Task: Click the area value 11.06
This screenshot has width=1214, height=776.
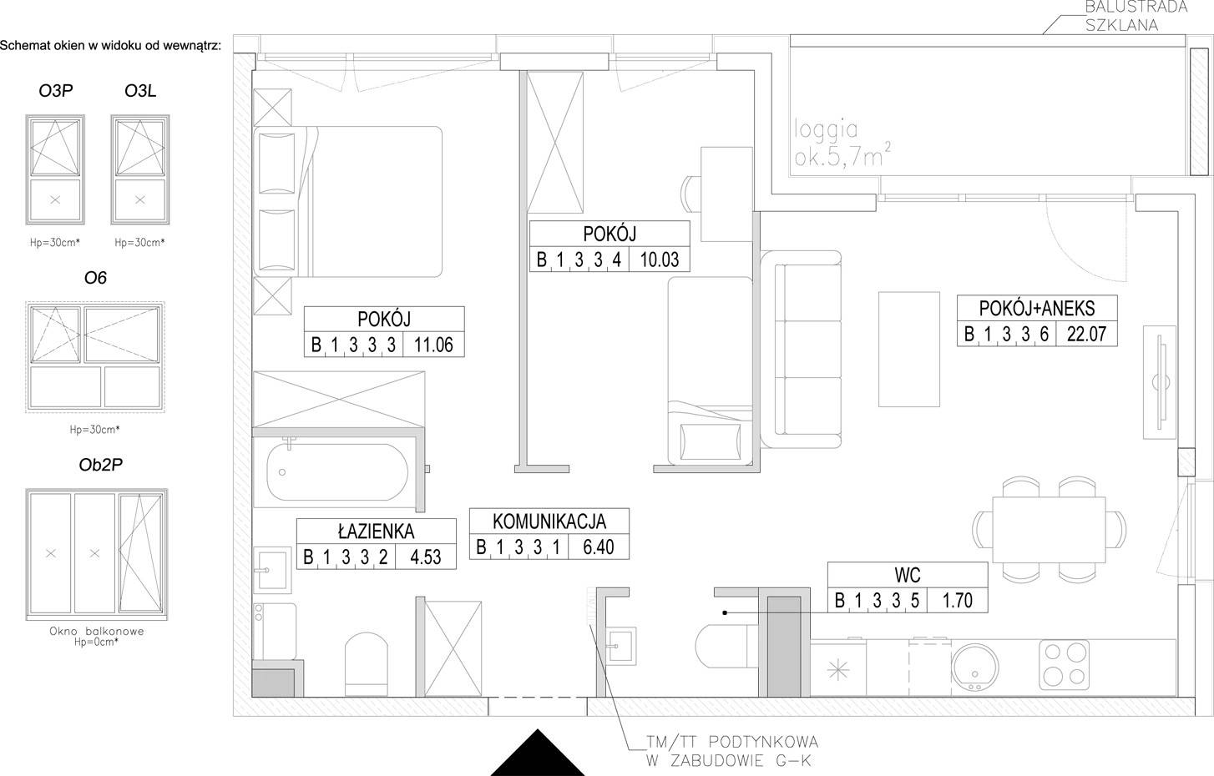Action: pos(433,345)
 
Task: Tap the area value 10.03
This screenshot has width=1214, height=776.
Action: pos(659,260)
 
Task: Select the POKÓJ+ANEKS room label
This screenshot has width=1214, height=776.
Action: pos(1037,308)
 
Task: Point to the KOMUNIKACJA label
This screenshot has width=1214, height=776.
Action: pos(549,521)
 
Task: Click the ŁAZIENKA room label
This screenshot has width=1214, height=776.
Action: pos(376,532)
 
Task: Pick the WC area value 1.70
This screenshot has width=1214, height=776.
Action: pos(957,600)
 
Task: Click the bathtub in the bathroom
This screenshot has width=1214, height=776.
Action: pos(337,472)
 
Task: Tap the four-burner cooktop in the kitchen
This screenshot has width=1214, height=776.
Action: pos(1064,665)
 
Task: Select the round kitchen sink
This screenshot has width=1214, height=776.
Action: pos(974,667)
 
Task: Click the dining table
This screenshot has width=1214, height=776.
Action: pos(1049,530)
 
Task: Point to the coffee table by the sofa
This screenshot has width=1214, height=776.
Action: pos(909,350)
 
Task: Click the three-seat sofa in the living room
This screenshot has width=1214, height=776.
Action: pos(801,350)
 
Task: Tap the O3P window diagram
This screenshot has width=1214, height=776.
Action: pos(55,169)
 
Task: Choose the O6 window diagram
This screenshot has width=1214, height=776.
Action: pos(95,357)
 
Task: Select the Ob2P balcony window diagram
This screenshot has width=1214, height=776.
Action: pos(97,555)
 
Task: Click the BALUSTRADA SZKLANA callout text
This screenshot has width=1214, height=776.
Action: pos(1136,16)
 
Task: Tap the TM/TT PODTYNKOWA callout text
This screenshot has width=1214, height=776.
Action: pos(732,751)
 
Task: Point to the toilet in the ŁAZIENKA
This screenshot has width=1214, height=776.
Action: pos(367,663)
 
